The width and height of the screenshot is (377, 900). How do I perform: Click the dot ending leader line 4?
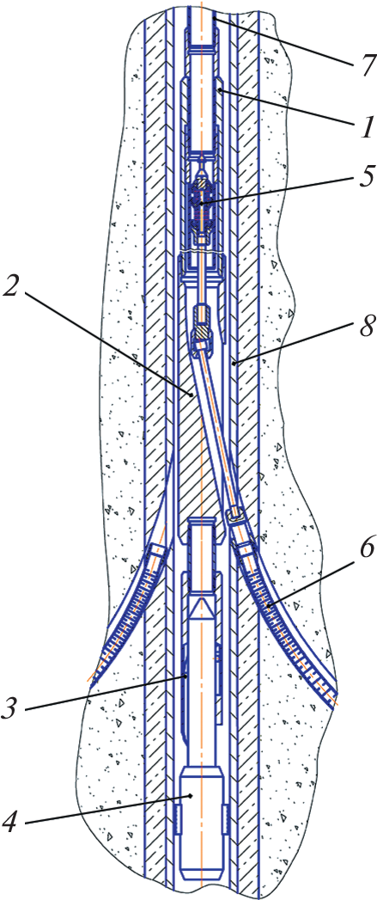192,795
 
